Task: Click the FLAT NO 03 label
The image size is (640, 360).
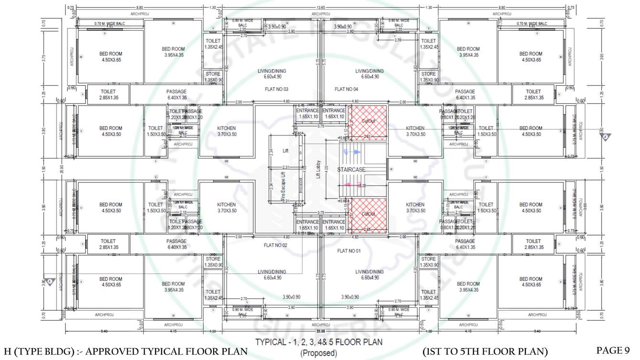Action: coord(276,90)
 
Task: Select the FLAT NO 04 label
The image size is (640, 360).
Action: coord(346,90)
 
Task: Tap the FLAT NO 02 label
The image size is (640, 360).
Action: coord(275,246)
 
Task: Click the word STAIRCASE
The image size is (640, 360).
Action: coord(352,170)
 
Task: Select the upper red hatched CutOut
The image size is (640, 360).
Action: coord(368,121)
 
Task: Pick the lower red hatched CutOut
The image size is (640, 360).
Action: coord(368,214)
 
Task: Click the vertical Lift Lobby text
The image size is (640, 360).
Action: coord(318,170)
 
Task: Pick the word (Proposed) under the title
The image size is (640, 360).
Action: coord(319,354)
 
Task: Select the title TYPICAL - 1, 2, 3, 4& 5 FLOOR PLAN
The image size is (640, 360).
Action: coord(319,342)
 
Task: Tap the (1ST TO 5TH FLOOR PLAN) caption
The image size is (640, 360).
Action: coord(485,351)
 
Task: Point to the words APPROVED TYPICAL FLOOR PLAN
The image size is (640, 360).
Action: coord(165,352)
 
